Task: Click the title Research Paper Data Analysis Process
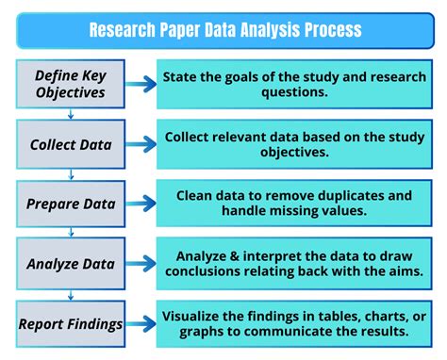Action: pyautogui.click(x=223, y=29)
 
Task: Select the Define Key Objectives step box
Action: pyautogui.click(x=70, y=83)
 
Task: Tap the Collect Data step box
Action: pyautogui.click(x=70, y=144)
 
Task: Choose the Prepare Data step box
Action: pyautogui.click(x=70, y=205)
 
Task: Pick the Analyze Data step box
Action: pyautogui.click(x=70, y=265)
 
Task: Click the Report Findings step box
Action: pyautogui.click(x=70, y=325)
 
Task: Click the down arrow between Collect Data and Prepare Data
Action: pyautogui.click(x=71, y=174)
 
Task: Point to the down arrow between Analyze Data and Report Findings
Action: pyautogui.click(x=71, y=295)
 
